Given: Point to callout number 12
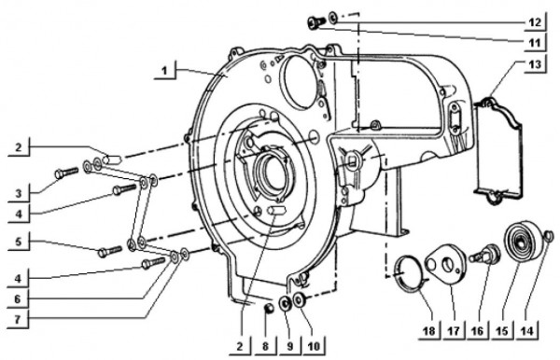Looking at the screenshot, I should point(534,20).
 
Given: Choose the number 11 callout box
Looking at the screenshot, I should point(534,42).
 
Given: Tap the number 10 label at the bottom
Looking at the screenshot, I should point(315,345).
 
